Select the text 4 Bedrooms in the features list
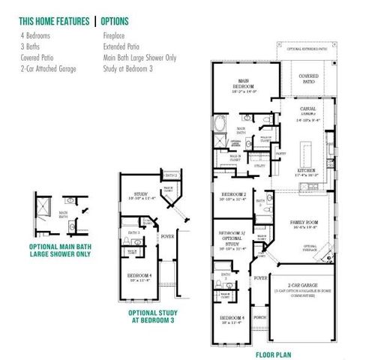click(x=36, y=34)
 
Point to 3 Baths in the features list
click(x=29, y=45)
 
